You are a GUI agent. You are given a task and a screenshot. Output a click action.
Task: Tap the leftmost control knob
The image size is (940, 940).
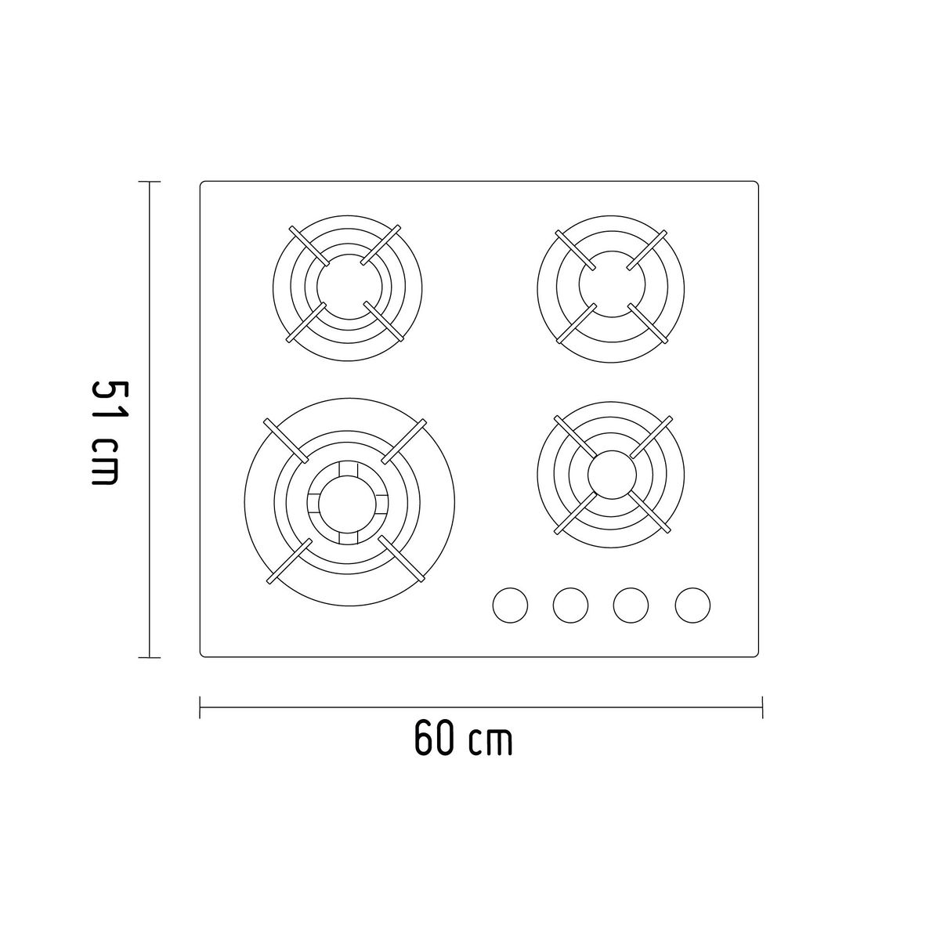(x=510, y=605)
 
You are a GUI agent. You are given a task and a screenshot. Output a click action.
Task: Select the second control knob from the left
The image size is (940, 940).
(x=570, y=605)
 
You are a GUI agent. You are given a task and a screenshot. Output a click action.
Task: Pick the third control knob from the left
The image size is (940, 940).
(x=631, y=605)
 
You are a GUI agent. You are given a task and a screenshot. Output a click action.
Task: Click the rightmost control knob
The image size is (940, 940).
(x=692, y=605)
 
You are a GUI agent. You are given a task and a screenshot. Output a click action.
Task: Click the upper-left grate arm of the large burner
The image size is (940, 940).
(x=286, y=441)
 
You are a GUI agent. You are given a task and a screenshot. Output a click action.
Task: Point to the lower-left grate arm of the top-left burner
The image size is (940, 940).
(x=306, y=323)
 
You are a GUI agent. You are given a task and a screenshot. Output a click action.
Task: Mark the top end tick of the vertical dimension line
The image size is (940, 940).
(x=149, y=182)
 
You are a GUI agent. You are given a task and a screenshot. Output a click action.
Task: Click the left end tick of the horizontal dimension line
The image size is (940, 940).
(x=201, y=707)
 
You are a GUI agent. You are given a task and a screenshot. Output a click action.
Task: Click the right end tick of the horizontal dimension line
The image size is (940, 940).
(x=762, y=707)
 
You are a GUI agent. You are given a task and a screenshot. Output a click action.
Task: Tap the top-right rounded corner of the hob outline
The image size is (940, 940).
(x=756, y=184)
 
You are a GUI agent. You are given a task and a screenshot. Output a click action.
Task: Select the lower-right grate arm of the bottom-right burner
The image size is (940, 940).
(x=650, y=514)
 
